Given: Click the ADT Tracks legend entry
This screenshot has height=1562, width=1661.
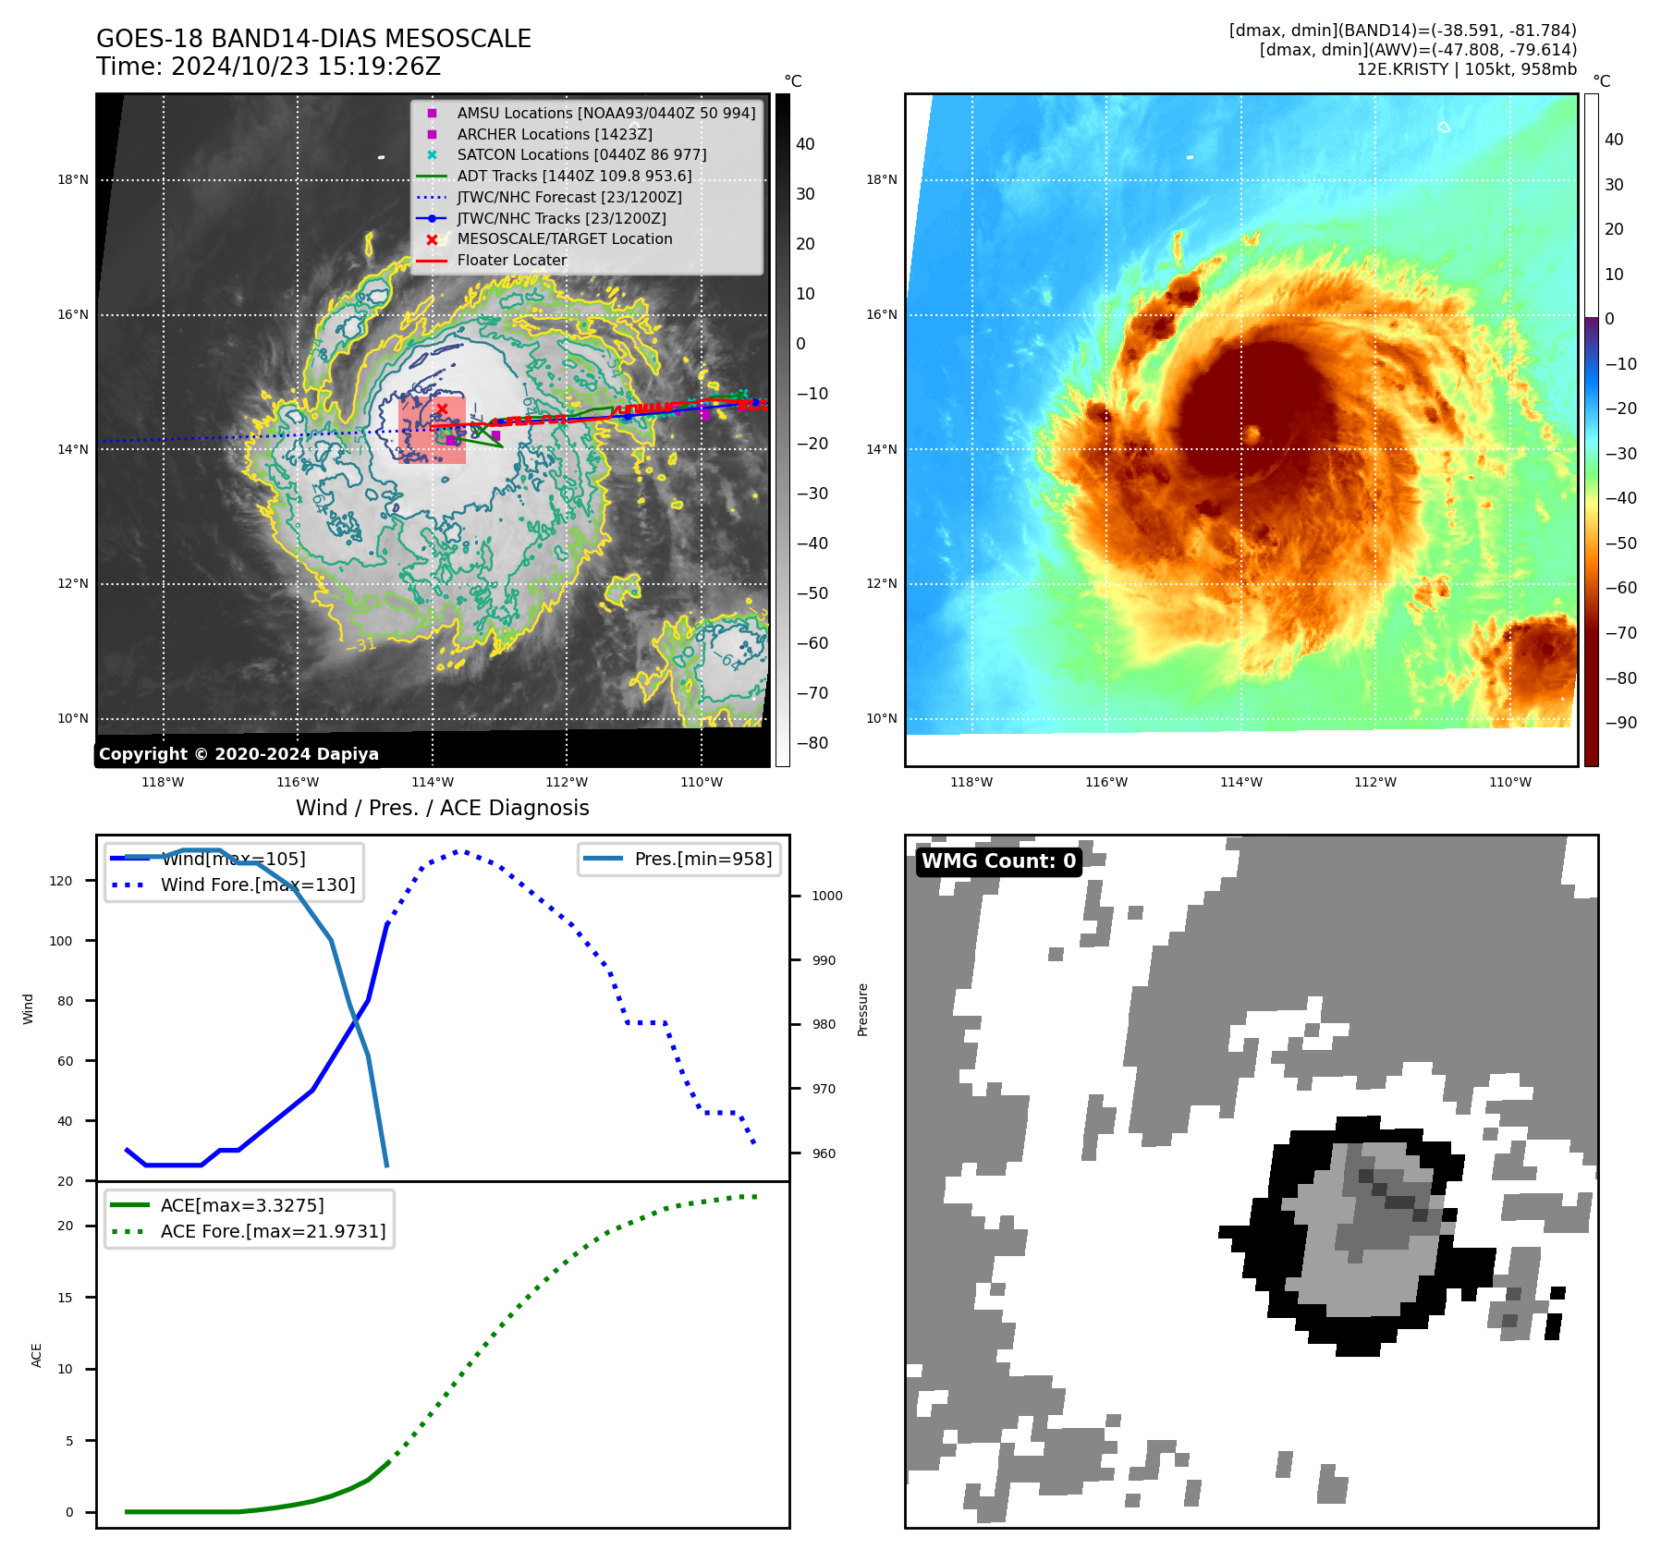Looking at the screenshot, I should click(573, 176).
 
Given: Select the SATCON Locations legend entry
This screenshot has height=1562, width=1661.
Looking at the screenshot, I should click(580, 154).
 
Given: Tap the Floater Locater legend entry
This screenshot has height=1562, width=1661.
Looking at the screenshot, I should click(511, 260).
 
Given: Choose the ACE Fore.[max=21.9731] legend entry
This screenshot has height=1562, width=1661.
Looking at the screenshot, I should click(273, 1231).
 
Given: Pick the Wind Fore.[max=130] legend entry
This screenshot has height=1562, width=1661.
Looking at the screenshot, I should click(257, 885).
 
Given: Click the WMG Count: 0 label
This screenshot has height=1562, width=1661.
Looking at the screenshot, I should click(998, 860).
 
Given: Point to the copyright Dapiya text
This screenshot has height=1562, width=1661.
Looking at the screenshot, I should click(238, 754).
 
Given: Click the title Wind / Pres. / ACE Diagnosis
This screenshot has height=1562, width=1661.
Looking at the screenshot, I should click(442, 808).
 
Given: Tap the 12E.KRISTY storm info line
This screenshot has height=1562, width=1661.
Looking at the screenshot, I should click(1466, 69).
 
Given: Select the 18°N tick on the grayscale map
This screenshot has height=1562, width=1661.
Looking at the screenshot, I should click(73, 179).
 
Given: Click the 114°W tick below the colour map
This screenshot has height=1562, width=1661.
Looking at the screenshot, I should click(1240, 782).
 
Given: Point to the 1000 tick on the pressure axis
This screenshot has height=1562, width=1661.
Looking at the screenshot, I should click(826, 896).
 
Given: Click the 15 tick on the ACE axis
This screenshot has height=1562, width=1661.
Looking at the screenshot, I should click(65, 1298).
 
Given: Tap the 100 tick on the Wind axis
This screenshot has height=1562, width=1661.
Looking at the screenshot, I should click(61, 941).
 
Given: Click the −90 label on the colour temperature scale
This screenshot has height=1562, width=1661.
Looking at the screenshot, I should click(1620, 723).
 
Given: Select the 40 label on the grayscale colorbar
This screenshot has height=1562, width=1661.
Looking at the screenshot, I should click(805, 144).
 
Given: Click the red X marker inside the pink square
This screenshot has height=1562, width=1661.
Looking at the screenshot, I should click(442, 409).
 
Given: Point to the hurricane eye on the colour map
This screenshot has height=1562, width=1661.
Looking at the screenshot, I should click(1252, 433).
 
